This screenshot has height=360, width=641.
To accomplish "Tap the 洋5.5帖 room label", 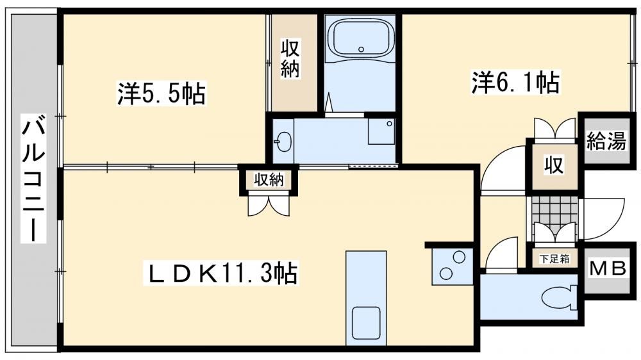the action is coord(162,93).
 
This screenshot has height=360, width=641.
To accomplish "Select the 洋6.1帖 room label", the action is coord(516,82).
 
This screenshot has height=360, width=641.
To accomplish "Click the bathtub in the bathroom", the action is coord(360,38).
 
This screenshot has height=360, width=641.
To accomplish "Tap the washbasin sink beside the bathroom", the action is coord(283,142).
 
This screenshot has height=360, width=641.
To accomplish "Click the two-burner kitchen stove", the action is coord(452,266).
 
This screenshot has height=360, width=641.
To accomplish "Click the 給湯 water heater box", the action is coord(607,141).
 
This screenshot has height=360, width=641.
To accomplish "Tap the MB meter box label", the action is coord(608,270).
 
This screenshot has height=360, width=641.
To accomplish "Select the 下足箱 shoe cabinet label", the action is coord(554,258).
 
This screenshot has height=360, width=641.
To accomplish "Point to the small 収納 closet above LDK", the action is coord(269,180).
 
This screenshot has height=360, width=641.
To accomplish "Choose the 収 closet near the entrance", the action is coord(554,165).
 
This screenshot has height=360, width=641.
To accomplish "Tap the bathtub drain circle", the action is coord(360,49).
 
